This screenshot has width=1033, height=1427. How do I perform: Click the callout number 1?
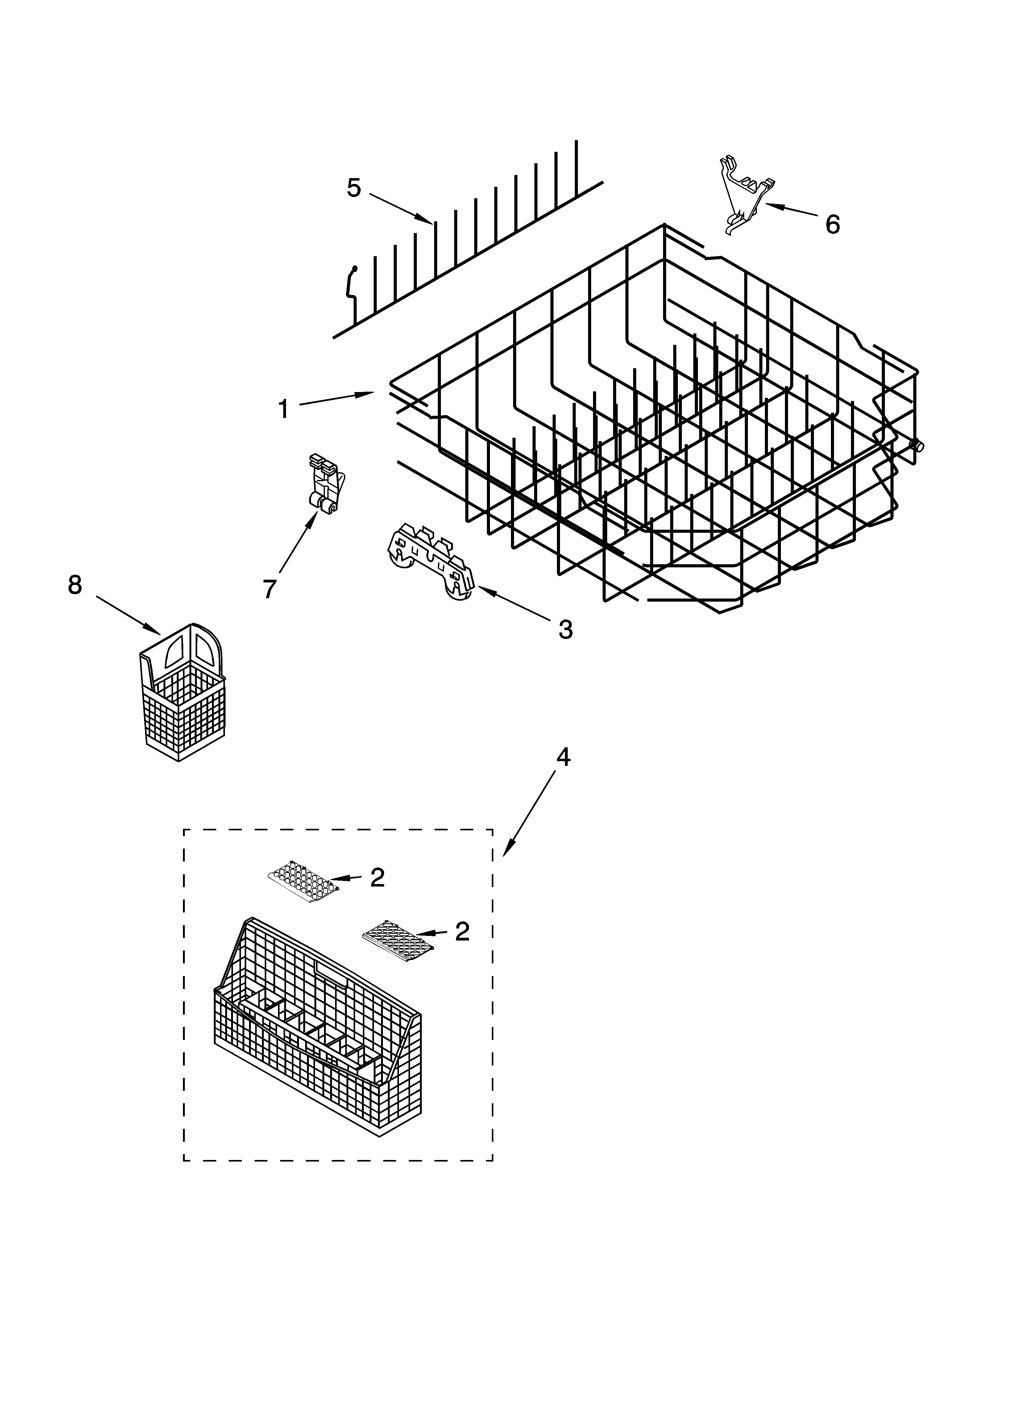coord(284,409)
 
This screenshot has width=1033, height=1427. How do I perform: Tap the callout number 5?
coord(354,187)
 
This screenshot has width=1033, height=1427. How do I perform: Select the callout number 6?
coord(832,224)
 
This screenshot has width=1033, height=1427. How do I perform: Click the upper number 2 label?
coord(377,877)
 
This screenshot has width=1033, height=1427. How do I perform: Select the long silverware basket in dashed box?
coord(318,1032)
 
